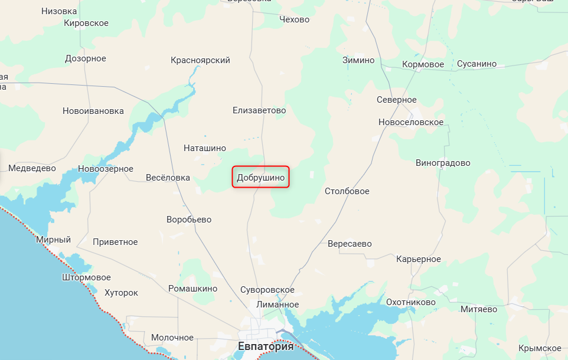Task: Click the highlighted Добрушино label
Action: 261,176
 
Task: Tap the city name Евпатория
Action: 265,346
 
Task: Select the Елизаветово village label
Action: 259,110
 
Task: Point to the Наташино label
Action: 205,148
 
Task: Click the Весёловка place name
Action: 168,178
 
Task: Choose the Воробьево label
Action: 189,220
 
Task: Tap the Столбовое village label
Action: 347,191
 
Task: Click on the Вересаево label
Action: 350,243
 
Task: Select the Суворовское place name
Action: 267,290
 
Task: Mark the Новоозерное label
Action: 106,169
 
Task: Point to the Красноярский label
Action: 200,60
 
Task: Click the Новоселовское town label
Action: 411,122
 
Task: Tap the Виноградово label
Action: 443,162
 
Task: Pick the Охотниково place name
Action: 411,302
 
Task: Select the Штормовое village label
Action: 86,277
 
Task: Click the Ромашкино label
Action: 192,289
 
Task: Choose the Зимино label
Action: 358,60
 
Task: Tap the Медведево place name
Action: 32,168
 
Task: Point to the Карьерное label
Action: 419,259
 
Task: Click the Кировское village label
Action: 86,23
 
